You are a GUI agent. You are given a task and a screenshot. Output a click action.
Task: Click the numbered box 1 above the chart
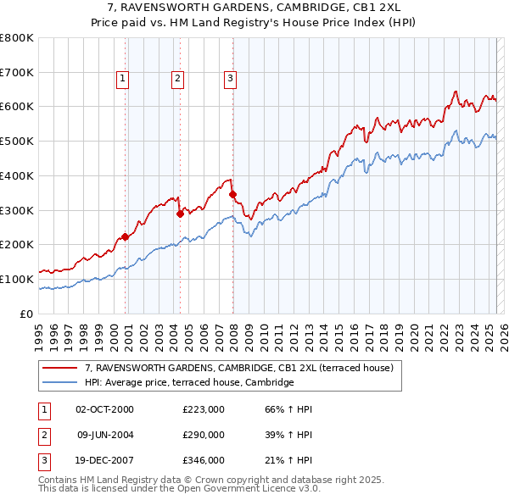click(123, 79)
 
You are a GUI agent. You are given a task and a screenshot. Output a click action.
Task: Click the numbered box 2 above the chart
click(178, 79)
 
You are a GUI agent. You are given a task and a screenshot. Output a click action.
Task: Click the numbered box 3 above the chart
click(231, 79)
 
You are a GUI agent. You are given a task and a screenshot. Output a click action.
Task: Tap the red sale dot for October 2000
click(126, 236)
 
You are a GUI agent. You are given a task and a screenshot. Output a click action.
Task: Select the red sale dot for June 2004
click(180, 214)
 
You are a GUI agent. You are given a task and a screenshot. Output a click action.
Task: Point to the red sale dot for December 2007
click(232, 194)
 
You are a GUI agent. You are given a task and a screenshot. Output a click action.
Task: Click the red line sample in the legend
click(59, 369)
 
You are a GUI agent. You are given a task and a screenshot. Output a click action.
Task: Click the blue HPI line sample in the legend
click(59, 383)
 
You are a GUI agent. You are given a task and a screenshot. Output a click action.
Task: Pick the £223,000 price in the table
click(204, 409)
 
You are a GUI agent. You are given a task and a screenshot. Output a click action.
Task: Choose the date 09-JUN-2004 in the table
click(104, 434)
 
